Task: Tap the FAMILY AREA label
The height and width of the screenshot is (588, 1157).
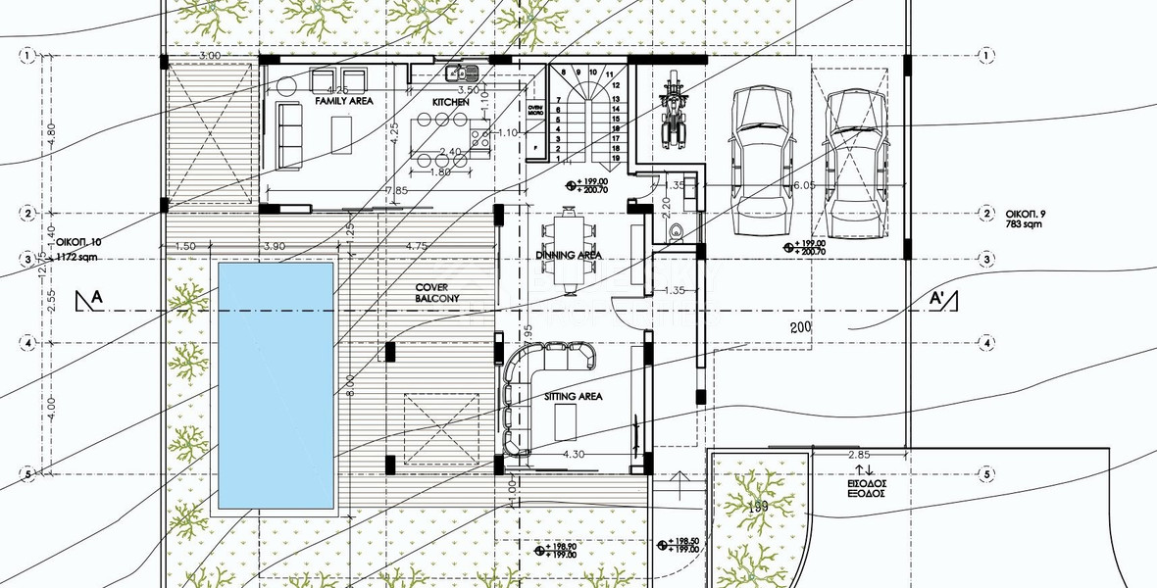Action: [341, 101]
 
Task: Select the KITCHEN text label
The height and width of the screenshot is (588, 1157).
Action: [451, 102]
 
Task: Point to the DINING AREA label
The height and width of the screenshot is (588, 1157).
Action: [568, 255]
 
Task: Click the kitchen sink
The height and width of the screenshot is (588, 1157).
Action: [459, 72]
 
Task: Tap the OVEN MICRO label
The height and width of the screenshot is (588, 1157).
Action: [535, 110]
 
